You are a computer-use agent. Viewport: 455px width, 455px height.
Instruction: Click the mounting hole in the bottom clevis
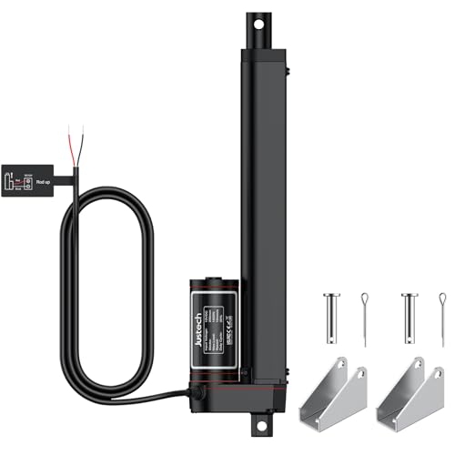[258, 423]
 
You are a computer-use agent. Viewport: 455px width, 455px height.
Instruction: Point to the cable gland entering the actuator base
[195, 393]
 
